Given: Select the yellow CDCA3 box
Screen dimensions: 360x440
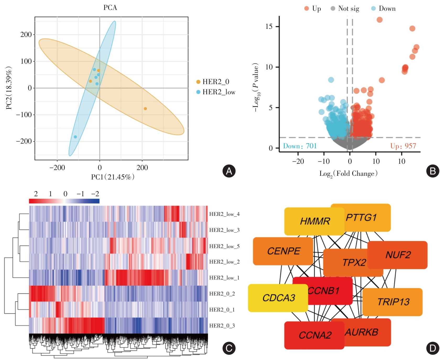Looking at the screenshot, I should pos(278,298).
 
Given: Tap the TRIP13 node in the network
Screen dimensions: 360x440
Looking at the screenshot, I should pos(393,302).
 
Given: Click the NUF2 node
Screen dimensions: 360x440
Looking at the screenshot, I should pos(398,255).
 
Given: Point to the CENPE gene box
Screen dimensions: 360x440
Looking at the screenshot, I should pos(283,251).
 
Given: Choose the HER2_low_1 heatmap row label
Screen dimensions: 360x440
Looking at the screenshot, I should pos(224,278).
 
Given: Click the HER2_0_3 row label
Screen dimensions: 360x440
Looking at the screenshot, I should pos(222,326).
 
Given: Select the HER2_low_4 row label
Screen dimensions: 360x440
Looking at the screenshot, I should pos(224,214).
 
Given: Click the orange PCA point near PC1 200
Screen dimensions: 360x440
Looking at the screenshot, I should pos(145,108).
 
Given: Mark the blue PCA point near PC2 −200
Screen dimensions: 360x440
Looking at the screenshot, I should pos(75,137).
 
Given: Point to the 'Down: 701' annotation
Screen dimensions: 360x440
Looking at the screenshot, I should pos(300,146).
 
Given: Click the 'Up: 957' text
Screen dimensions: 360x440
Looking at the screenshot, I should pos(403,146).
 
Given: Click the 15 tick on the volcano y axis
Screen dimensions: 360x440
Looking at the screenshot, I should pos(269,26).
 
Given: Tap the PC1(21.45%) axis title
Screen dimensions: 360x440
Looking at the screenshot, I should pos(113,177).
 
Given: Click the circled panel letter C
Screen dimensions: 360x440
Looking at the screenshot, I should pos(229,348).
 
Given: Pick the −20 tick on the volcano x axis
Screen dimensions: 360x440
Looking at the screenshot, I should pos(298,161).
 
